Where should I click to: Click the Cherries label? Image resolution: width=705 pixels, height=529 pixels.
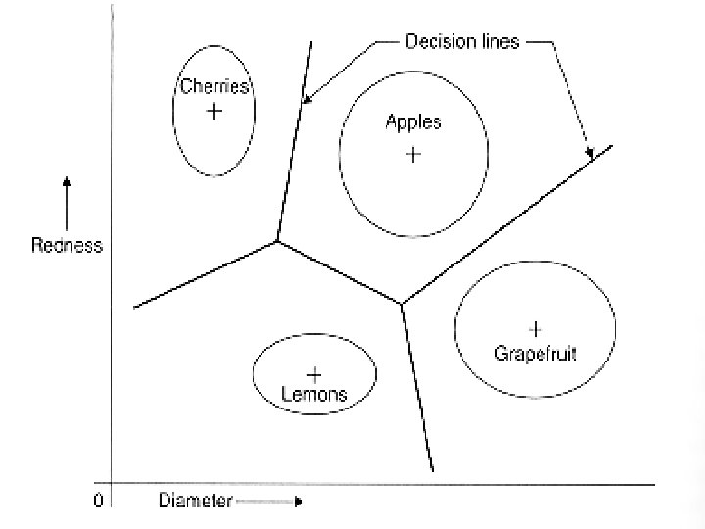click(214, 86)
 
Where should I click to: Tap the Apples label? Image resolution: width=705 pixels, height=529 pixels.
click(413, 122)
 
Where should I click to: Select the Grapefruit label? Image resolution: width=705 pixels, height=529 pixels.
click(536, 352)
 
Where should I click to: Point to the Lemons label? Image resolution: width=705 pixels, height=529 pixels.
click(313, 395)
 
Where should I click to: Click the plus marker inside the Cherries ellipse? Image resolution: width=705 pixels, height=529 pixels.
click(214, 112)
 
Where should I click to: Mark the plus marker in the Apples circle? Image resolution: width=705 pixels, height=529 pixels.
click(413, 154)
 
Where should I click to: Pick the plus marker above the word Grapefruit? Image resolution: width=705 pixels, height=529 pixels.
click(536, 327)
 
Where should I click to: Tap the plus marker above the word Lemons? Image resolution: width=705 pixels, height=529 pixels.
click(314, 374)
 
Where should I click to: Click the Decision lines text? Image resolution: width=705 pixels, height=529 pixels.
click(462, 42)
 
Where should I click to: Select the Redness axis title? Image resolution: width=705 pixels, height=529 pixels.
click(67, 246)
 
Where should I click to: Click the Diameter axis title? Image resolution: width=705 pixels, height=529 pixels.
click(196, 503)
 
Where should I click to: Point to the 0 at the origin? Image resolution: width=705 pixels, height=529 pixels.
click(98, 502)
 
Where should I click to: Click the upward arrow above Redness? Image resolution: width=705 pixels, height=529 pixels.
click(66, 191)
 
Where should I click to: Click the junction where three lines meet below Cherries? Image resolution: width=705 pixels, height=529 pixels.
click(278, 240)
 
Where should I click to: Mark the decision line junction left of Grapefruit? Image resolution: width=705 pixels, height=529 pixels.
click(402, 305)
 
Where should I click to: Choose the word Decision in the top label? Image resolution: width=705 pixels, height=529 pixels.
click(436, 42)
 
